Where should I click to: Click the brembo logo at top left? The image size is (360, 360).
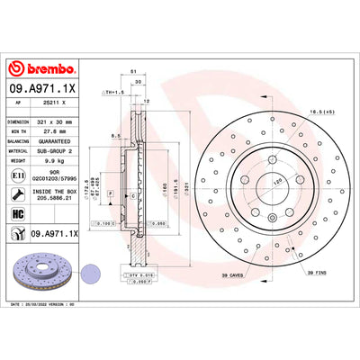coord(42,69)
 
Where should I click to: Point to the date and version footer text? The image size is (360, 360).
coord(55,305)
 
